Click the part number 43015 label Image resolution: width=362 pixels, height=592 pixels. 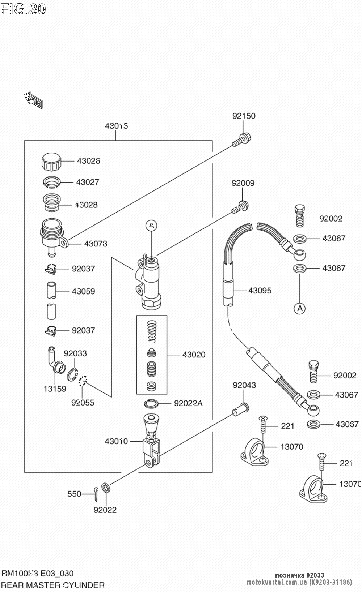pyautogui.click(x=116, y=126)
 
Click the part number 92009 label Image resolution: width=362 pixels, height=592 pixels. pyautogui.click(x=243, y=183)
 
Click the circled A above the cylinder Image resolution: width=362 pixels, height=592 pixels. pyautogui.click(x=152, y=226)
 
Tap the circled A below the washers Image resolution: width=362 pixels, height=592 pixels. pyautogui.click(x=299, y=308)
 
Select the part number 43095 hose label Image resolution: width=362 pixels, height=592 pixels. pyautogui.click(x=260, y=291)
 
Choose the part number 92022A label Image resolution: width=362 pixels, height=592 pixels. pyautogui.click(x=188, y=403)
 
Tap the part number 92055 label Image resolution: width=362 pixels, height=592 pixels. pyautogui.click(x=83, y=403)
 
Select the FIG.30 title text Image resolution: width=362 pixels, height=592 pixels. pyautogui.click(x=23, y=9)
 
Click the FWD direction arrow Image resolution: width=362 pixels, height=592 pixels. pyautogui.click(x=33, y=100)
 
